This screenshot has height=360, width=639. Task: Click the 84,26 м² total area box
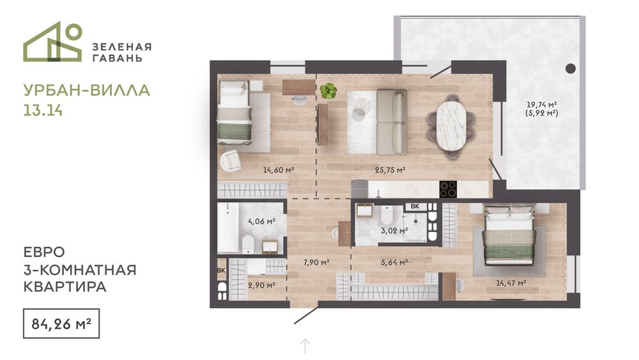click(61, 324)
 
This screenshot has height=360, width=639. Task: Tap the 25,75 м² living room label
click(390, 170)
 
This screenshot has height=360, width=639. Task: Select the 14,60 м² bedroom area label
click(279, 170)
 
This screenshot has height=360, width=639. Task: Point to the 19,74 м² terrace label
click(542, 104)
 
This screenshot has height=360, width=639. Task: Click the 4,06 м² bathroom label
click(261, 221)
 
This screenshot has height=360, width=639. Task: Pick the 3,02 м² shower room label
click(394, 231)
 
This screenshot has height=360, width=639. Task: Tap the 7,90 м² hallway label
click(316, 263)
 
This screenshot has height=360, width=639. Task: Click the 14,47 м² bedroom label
click(511, 283)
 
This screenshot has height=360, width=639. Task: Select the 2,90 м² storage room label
click(261, 285)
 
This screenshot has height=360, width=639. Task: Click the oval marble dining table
click(451, 125)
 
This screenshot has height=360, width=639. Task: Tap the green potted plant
click(328, 91)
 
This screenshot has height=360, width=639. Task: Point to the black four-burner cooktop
click(448, 189)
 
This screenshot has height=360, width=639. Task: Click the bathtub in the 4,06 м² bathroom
click(227, 228)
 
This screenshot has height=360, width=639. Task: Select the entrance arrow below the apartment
click(305, 346)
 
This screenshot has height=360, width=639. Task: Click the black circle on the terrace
click(571, 68)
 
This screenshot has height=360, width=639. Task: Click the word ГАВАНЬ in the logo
click(118, 58)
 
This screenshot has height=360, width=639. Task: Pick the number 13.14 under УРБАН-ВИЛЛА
click(43, 111)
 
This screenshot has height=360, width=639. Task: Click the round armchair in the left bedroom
click(231, 160)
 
